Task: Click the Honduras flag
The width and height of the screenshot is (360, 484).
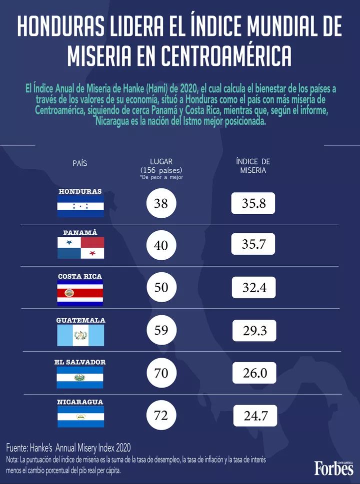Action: [x=80, y=206]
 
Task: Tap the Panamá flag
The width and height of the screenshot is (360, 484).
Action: [x=80, y=248]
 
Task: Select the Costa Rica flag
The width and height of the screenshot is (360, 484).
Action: [x=80, y=293]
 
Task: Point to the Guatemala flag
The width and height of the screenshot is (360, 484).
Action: [x=80, y=335]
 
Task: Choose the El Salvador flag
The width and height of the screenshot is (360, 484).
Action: [x=80, y=378]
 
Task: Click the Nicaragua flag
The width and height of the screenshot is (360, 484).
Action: [x=80, y=416]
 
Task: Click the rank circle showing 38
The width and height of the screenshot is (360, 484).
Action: [x=161, y=204]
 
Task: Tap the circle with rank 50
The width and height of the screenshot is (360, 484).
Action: [x=161, y=288]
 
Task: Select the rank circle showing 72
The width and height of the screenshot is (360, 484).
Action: [x=161, y=415]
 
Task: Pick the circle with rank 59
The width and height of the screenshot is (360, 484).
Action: [x=161, y=331]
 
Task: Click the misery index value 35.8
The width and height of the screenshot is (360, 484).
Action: [x=253, y=204]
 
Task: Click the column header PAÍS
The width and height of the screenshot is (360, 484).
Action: [x=80, y=163]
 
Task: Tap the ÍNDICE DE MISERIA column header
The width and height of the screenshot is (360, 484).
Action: [x=253, y=166]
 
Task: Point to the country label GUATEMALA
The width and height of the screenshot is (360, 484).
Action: [x=80, y=320]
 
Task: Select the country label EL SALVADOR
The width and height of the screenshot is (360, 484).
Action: [x=80, y=362]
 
